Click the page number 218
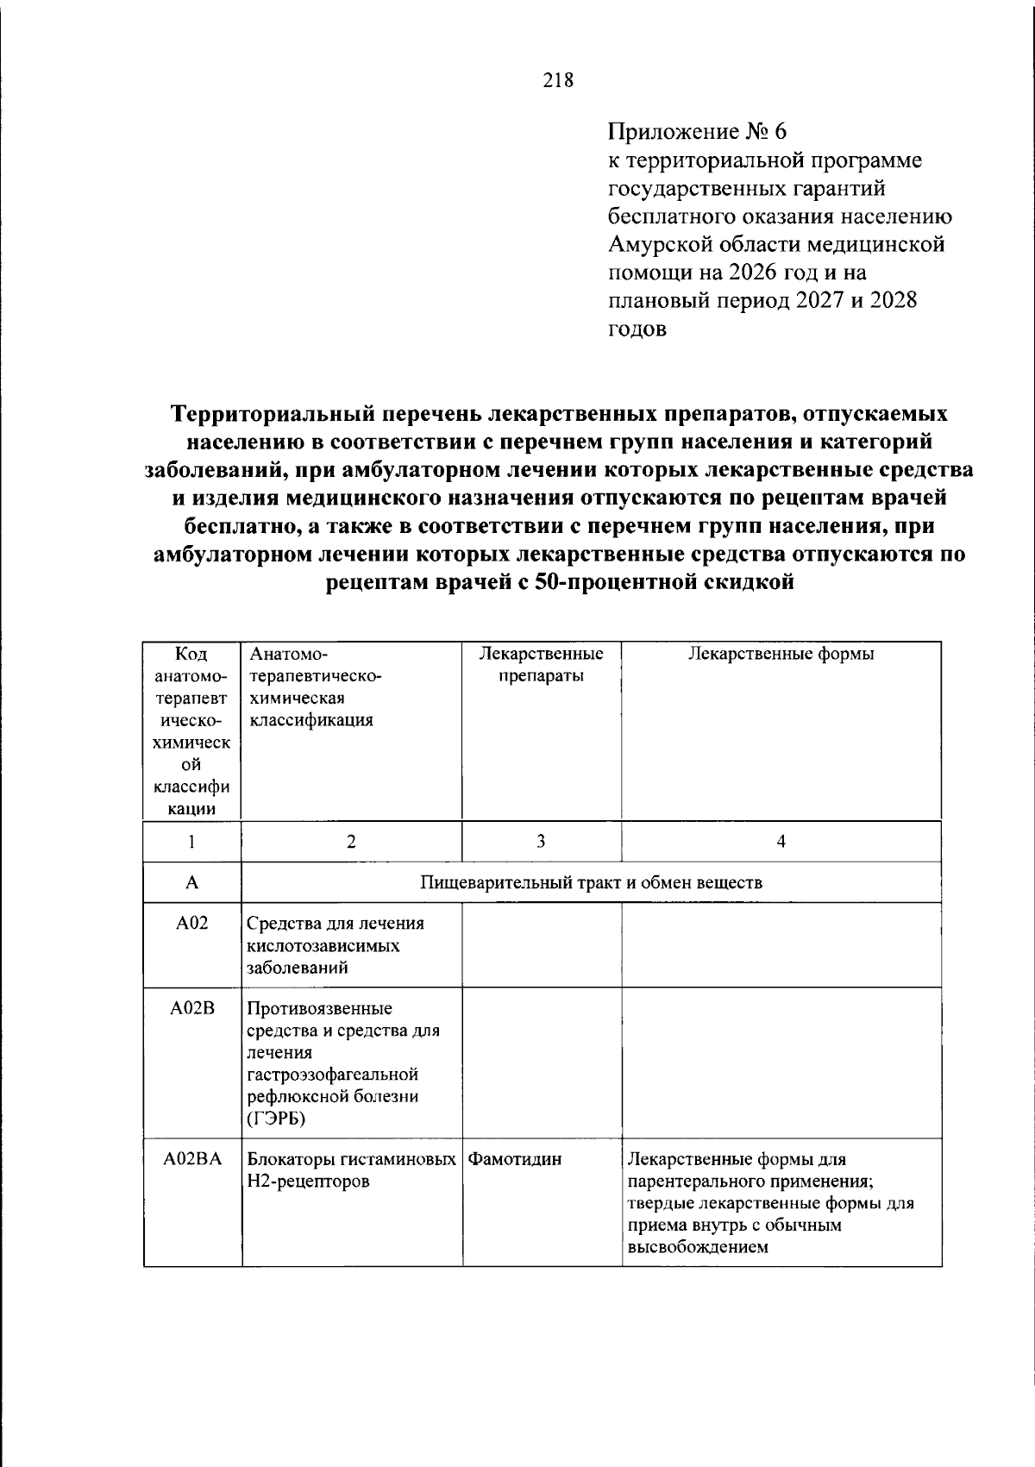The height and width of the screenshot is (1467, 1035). point(558,81)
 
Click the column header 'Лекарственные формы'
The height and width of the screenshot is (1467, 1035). point(781,654)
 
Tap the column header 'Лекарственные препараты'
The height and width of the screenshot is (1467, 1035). point(541,664)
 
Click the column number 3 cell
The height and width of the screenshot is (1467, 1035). point(541,841)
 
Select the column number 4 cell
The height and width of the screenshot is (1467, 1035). point(781,841)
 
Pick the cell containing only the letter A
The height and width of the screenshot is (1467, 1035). point(191,882)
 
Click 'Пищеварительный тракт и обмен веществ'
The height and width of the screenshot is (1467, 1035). point(591,882)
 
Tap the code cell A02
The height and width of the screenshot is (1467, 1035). point(191,924)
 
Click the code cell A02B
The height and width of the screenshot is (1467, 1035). point(191,1008)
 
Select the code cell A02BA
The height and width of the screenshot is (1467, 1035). point(191,1159)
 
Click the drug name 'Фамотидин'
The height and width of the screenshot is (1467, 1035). point(515,1159)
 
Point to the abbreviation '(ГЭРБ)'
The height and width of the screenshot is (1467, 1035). point(276,1119)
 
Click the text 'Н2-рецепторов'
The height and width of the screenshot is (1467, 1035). point(308,1182)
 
